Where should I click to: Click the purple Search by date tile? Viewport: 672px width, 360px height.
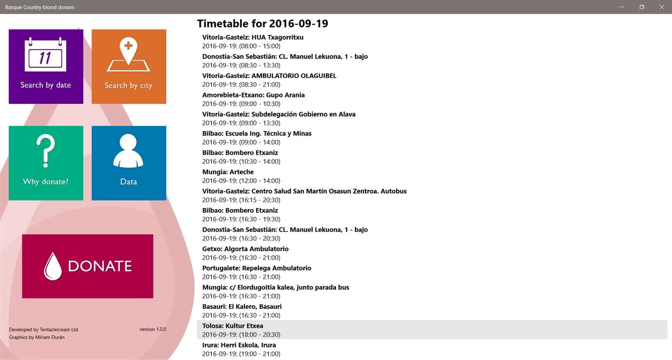point(46,66)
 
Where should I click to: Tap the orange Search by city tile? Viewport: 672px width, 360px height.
point(129,66)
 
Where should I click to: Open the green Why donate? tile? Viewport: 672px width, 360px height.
point(46,163)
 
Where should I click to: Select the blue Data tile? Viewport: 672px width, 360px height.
point(129,163)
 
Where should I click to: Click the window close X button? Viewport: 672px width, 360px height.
point(661,7)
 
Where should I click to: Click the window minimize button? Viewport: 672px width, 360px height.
point(622,7)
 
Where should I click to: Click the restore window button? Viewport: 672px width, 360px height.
point(642,7)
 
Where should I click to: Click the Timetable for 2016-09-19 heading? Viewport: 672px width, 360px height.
point(262,23)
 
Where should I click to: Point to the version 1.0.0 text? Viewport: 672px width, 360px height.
point(153,329)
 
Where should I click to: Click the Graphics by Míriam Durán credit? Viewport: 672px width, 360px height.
point(37,337)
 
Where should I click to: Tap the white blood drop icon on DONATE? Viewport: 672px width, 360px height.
point(53,266)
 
